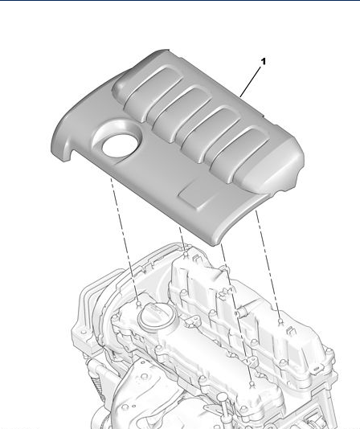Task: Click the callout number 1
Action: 264,62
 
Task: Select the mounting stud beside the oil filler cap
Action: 139,304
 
